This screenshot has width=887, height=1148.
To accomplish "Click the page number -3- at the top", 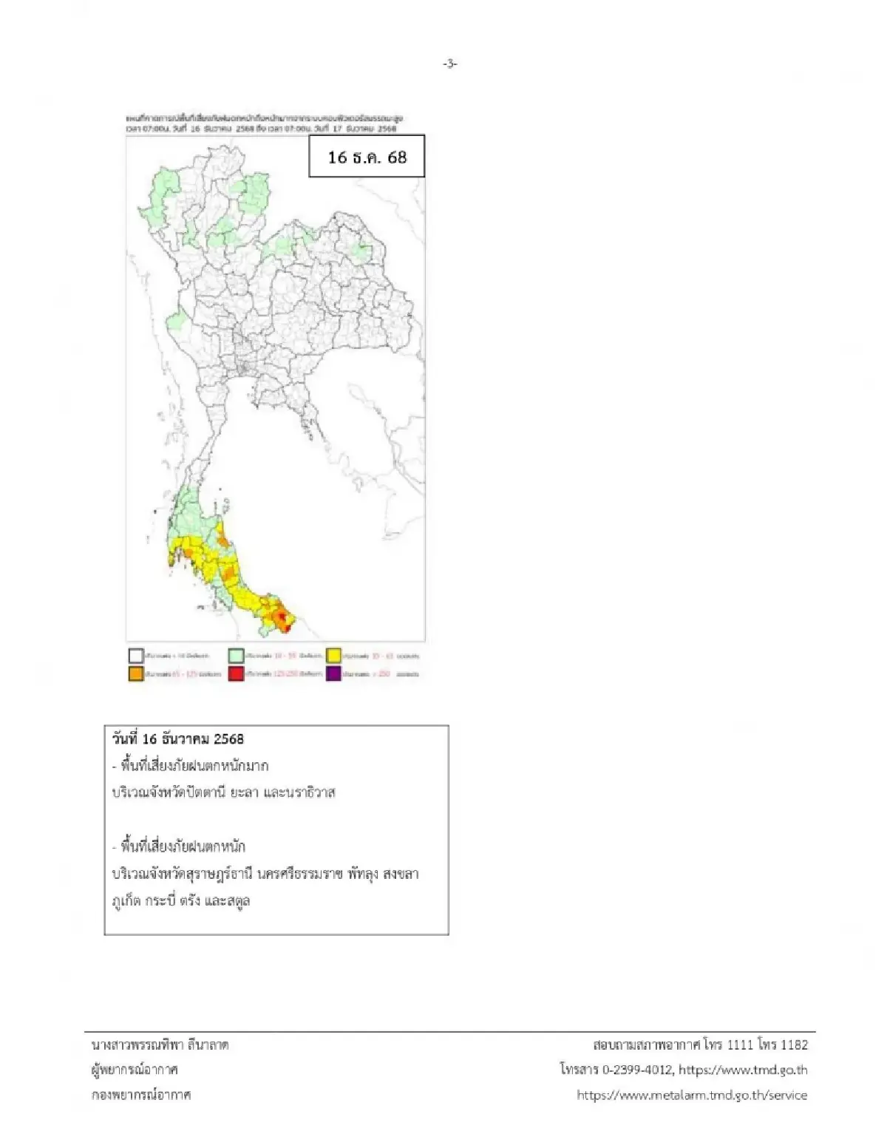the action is point(450,64).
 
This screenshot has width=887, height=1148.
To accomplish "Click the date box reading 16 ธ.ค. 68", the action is point(367,157).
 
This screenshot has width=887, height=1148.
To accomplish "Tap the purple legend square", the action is point(333,673).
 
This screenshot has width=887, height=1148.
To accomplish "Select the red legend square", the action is point(236,673).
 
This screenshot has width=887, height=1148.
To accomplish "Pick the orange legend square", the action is point(136,673).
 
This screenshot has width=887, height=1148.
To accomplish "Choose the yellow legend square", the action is point(333,655).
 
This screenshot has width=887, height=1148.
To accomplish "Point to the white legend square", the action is point(136,655).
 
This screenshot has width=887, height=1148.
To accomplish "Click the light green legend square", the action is point(236,655).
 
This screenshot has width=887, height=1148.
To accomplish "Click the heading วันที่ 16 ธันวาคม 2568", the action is point(178,738).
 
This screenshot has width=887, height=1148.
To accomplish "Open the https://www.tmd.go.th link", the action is point(743,1070).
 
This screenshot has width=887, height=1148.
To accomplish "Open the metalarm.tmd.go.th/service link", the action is point(692,1095).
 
